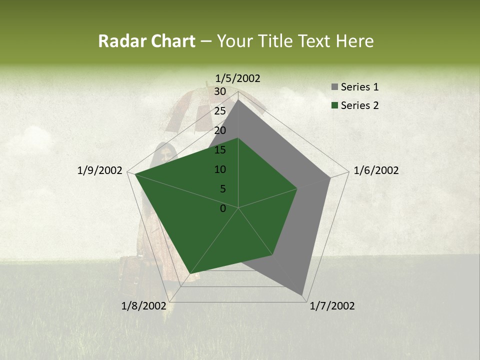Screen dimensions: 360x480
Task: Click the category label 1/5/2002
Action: coord(238,78)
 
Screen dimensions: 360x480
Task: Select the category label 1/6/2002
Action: coord(376,170)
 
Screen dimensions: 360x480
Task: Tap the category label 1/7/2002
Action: coord(332,306)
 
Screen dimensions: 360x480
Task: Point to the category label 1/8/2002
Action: coord(144,306)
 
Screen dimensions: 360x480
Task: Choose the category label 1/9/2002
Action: coord(100,170)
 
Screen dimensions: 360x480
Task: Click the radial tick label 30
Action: coord(220,91)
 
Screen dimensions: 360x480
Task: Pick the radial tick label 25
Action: coord(220,111)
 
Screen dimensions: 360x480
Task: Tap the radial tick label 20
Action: coord(220,130)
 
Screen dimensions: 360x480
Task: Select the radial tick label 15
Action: coord(220,150)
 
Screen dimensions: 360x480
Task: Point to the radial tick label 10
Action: coord(220,169)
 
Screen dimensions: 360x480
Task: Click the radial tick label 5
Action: coord(222,189)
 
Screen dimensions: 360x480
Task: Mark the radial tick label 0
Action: coord(223,208)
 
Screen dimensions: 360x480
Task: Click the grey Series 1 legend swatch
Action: coord(334,87)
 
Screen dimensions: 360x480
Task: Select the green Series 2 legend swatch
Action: coord(334,105)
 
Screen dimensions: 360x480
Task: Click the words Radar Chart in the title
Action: coord(146,41)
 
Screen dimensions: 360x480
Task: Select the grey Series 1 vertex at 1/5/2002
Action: coord(238,99)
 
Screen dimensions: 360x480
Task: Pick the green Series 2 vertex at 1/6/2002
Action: coord(297,188)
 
